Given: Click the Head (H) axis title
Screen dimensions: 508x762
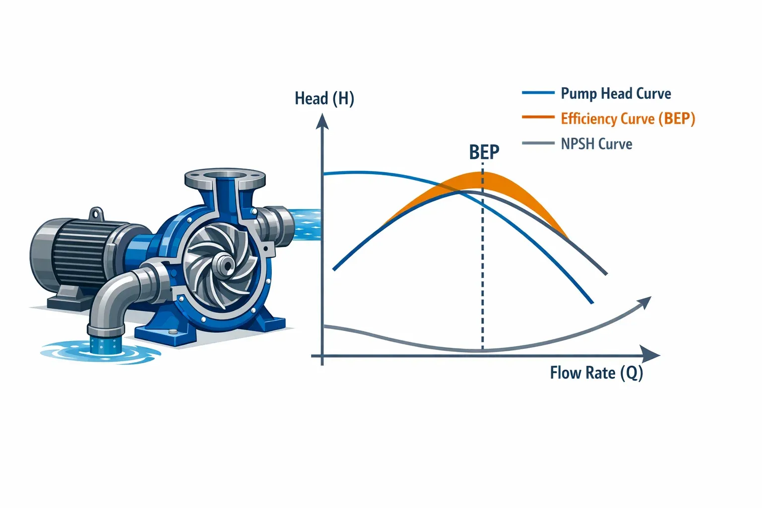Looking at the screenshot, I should [324, 98].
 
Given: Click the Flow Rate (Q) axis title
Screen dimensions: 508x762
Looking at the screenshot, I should [596, 373].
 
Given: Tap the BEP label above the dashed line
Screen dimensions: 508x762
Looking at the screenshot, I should [484, 152].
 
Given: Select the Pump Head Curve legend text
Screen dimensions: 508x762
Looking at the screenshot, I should [616, 93].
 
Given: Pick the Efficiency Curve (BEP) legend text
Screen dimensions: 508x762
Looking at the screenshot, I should [628, 119].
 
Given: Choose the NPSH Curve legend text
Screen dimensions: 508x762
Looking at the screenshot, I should [596, 144].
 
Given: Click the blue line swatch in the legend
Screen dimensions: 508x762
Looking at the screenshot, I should [538, 93].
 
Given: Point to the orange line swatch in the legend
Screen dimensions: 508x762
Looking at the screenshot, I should [538, 118].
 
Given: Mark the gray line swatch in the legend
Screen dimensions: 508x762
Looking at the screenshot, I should [538, 143].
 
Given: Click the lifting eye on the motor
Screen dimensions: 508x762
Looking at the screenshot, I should [95, 214].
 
